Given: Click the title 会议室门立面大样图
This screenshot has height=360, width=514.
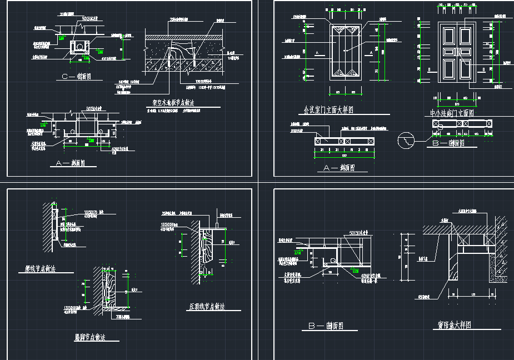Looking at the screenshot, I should [328, 110].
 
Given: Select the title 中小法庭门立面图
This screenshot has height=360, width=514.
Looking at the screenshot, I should [452, 113].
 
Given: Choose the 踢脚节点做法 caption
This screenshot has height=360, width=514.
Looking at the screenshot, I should [90, 337].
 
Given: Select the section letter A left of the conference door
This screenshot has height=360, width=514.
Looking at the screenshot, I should [316, 52].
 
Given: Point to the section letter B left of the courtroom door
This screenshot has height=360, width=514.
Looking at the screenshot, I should [430, 69].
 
